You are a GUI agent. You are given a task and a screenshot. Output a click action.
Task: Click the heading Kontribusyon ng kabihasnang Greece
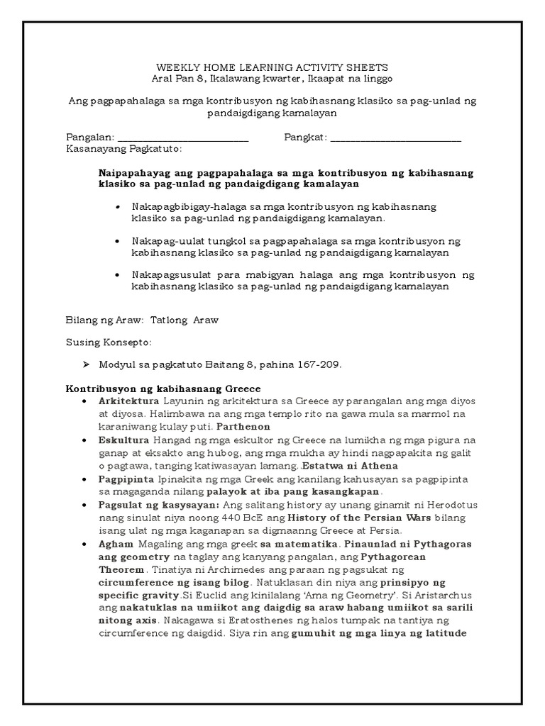(163, 389)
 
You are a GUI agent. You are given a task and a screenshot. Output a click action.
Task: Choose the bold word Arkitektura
(128, 401)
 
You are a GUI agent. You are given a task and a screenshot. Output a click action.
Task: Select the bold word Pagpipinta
(127, 479)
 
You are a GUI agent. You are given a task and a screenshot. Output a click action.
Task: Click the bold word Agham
(114, 544)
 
